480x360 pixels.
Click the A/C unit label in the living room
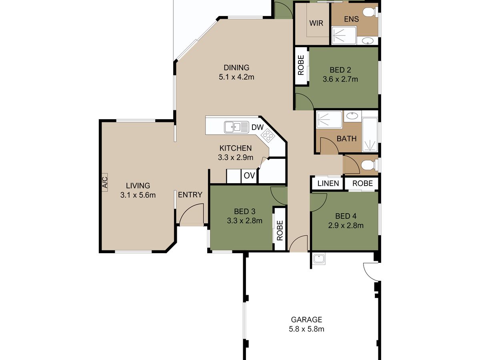[105, 182]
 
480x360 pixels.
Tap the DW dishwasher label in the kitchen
[257, 127]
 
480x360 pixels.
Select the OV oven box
[249, 176]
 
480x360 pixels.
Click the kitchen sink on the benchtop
[237, 127]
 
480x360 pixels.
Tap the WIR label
[316, 23]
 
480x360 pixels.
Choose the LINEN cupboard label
[328, 183]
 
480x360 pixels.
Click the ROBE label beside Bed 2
[301, 65]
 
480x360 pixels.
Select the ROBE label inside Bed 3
[280, 230]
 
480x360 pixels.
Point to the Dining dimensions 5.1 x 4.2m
[236, 77]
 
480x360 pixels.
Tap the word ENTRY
[190, 195]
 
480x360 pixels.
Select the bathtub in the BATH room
[370, 134]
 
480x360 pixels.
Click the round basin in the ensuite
[367, 40]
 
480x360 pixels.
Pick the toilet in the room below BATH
[370, 165]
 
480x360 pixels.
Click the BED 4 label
[346, 216]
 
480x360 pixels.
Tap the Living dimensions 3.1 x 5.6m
[138, 195]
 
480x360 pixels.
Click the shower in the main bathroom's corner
[329, 119]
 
